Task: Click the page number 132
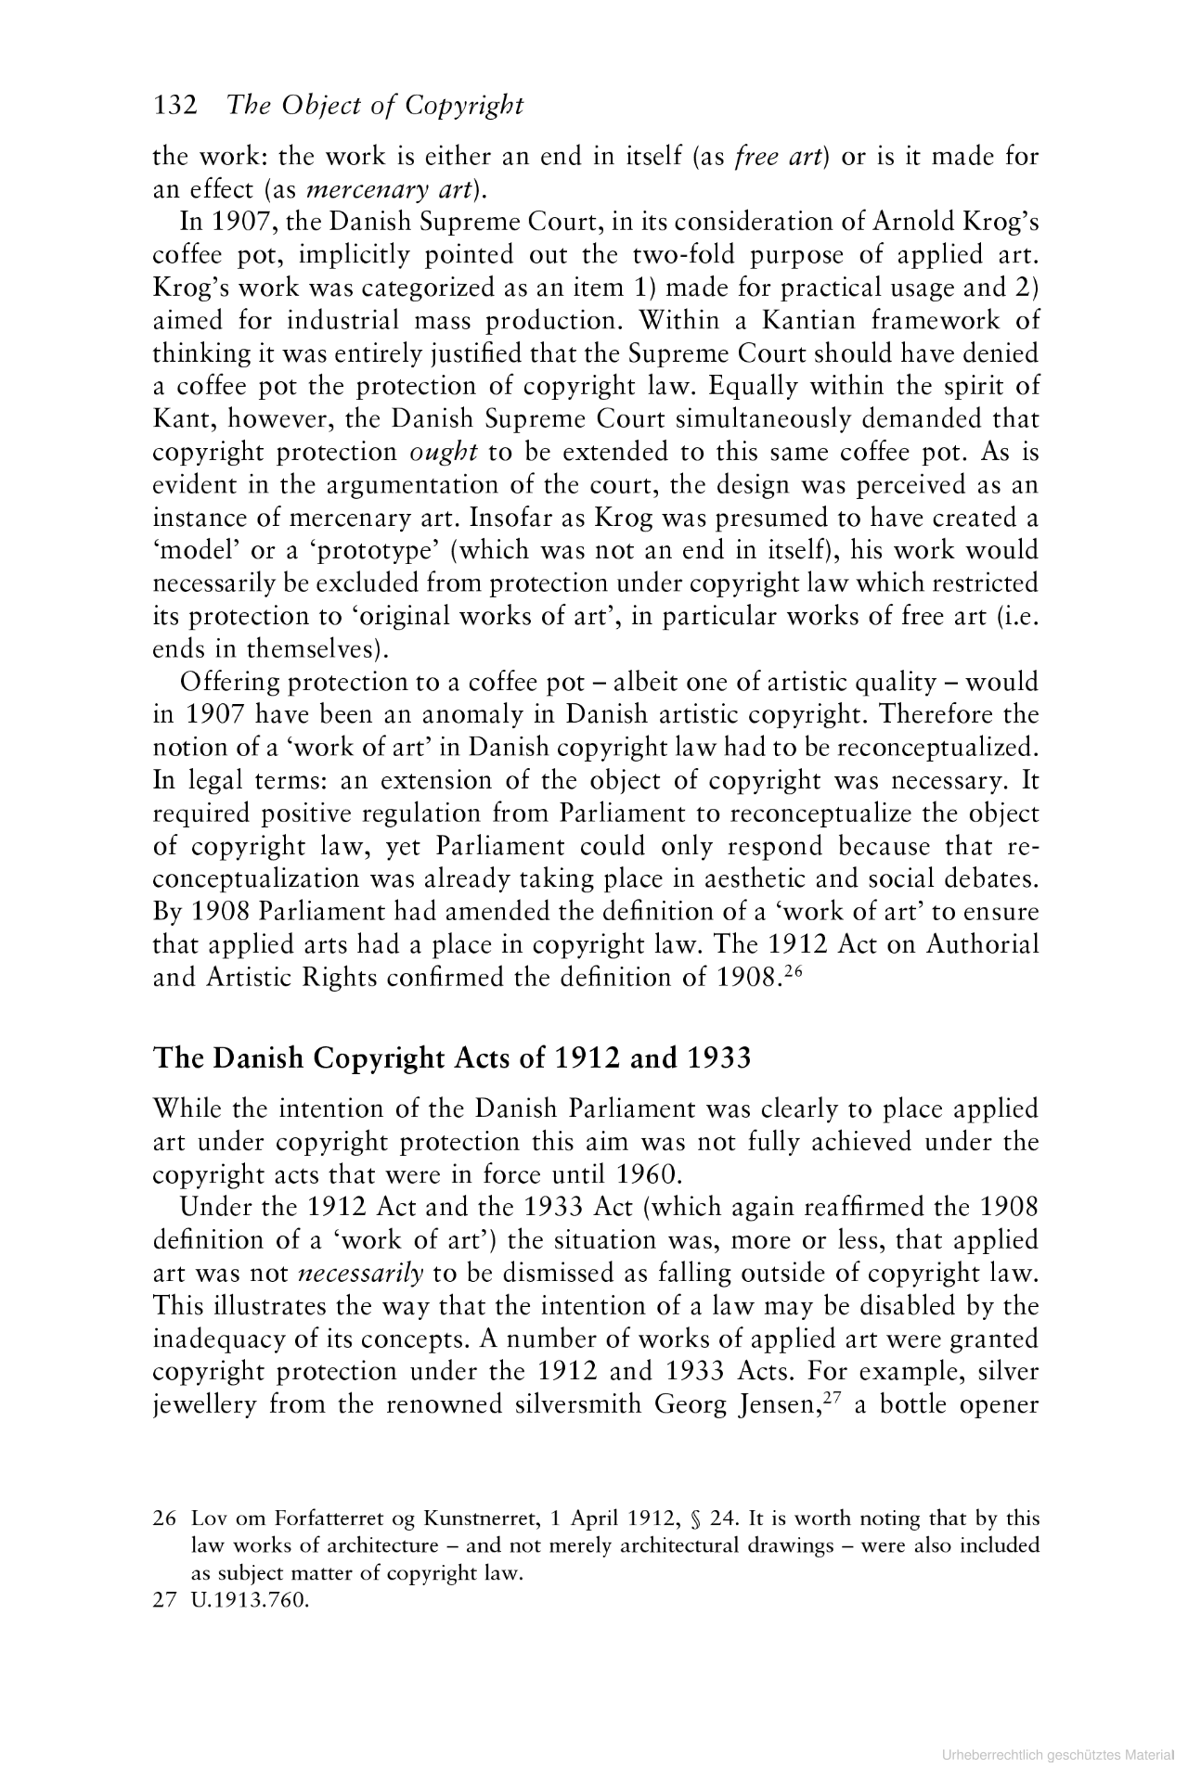coord(175,106)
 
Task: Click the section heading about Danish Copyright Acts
coord(451,1057)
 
